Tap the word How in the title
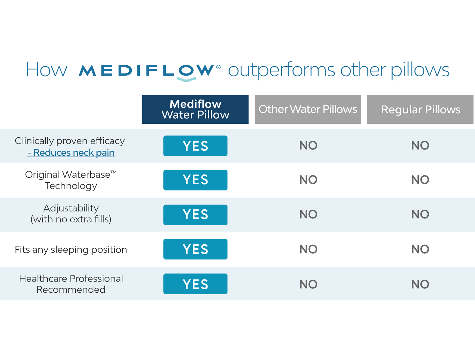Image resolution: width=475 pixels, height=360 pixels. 46,70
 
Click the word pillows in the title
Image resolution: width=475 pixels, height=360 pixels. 420,70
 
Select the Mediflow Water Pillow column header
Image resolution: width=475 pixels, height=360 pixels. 195,109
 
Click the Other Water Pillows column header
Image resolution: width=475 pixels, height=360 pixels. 308,109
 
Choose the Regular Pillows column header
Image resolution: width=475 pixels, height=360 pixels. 420,109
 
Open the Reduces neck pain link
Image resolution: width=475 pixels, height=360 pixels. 71,153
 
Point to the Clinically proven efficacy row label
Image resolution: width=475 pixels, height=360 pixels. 70,141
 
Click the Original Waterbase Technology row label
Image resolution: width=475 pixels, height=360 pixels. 71,180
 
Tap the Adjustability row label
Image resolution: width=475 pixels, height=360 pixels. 71,214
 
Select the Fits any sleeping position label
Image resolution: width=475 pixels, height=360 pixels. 71,250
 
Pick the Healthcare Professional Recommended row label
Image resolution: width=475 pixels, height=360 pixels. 71,284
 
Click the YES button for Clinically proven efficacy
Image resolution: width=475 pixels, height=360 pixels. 195,146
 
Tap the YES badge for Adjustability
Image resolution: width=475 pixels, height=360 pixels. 195,215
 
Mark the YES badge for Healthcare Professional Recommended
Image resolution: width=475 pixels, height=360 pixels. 195,284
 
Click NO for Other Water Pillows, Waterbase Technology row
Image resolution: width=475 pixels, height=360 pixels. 308,180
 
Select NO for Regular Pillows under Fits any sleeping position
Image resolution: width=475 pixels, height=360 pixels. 420,249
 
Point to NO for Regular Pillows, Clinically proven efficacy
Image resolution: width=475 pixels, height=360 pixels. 420,146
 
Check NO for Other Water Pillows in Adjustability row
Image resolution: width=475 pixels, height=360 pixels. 308,214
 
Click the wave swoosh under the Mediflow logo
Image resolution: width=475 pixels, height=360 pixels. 186,79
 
